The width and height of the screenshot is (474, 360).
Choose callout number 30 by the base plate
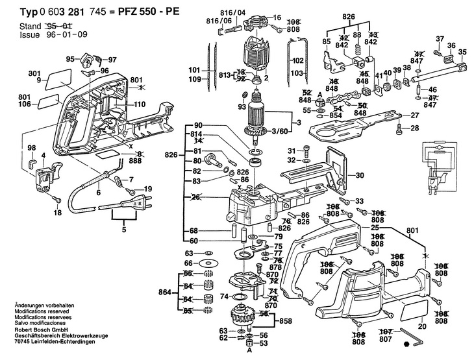point(360,174)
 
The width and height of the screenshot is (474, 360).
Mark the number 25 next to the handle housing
point(375,228)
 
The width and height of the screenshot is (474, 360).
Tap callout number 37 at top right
point(440,38)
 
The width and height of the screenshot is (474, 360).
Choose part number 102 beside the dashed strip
point(298,60)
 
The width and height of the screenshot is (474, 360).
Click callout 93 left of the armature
point(242,106)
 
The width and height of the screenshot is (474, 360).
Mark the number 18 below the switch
point(57,212)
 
